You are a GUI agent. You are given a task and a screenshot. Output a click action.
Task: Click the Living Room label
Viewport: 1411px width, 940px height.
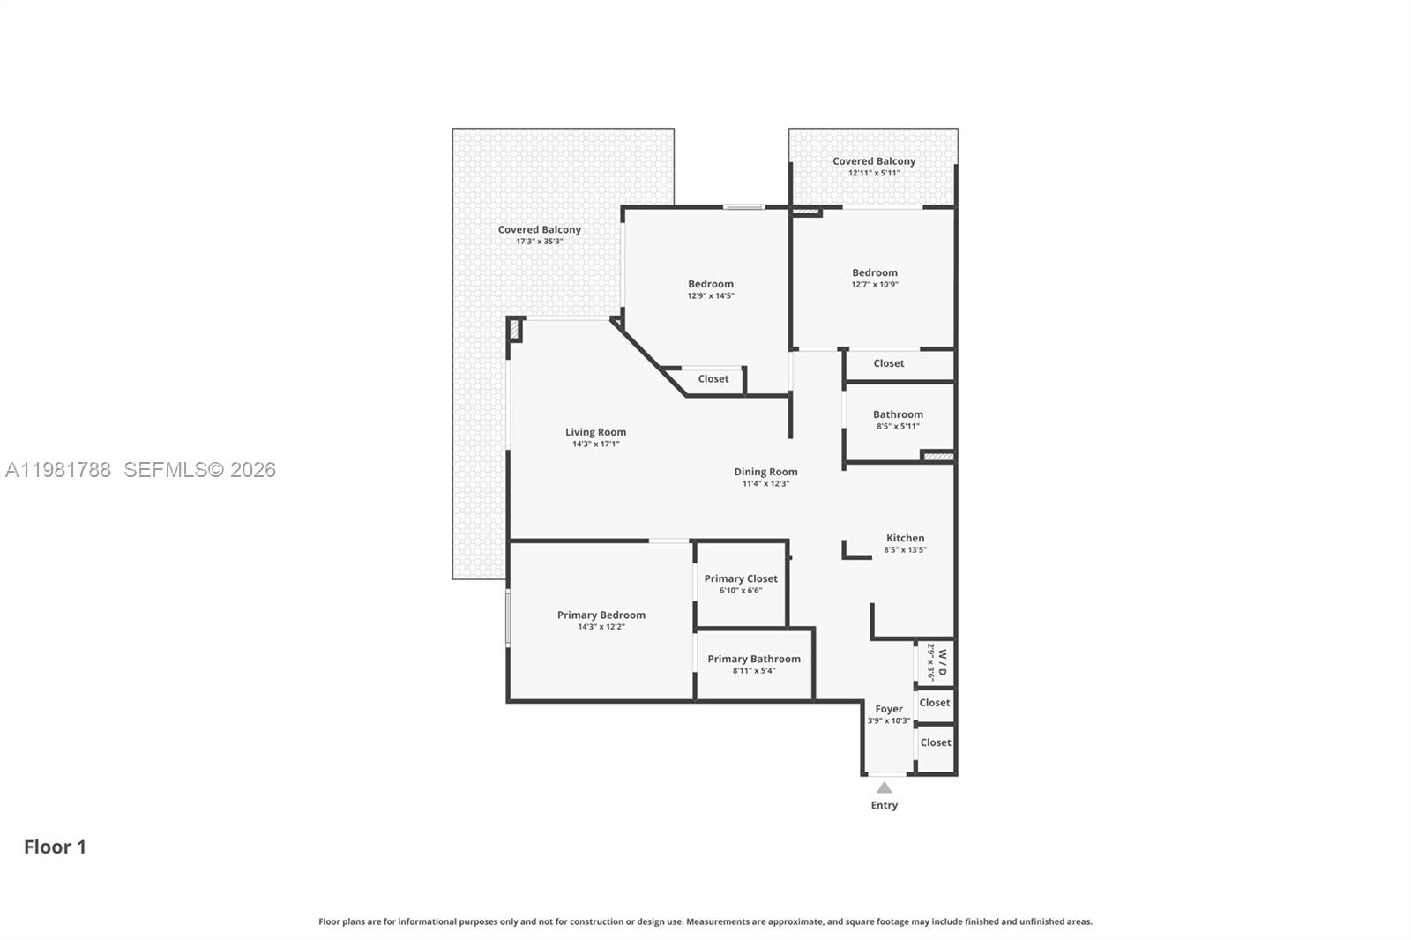[595, 432]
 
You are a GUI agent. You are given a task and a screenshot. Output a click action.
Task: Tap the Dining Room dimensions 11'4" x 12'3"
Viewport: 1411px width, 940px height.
[765, 484]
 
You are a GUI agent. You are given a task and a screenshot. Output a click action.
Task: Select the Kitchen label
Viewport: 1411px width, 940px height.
[905, 538]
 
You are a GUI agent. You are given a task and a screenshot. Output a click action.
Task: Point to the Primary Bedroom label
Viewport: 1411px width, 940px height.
[601, 615]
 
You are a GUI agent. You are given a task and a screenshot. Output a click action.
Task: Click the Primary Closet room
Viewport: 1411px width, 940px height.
[741, 585]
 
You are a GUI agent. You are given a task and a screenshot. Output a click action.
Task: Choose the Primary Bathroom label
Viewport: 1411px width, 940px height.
[754, 659]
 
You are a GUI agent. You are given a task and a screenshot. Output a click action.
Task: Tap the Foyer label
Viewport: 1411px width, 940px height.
[889, 710]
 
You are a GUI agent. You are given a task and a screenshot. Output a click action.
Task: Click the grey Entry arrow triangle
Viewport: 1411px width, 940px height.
[885, 788]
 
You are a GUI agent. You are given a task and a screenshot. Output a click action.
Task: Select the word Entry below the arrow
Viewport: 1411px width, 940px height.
[885, 805]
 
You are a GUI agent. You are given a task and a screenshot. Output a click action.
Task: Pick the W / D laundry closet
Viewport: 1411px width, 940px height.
[936, 663]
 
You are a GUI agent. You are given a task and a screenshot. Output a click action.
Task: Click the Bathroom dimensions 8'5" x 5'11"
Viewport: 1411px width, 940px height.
[898, 427]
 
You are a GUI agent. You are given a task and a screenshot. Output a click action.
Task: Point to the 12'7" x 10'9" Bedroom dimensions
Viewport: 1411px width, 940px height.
[875, 285]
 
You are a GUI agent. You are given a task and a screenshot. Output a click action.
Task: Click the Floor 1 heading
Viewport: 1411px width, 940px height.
[55, 847]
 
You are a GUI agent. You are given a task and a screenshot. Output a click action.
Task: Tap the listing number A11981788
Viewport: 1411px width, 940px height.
[58, 470]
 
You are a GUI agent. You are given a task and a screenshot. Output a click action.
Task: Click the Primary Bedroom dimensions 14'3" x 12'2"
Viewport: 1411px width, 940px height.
[601, 627]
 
